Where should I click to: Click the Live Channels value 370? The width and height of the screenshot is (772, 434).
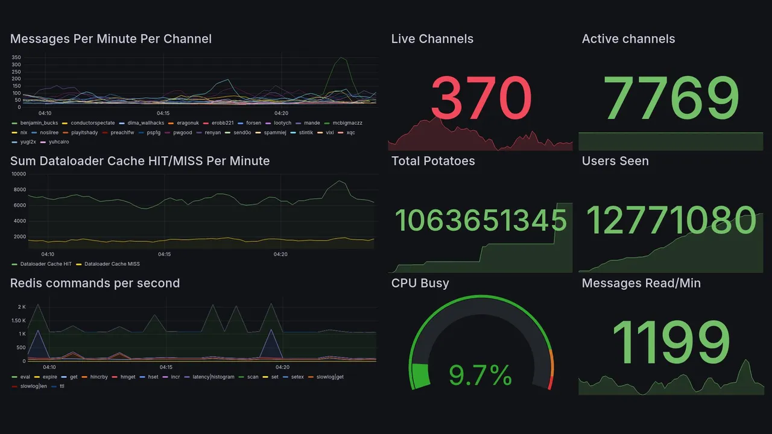click(481, 98)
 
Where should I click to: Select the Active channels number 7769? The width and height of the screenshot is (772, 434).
click(671, 98)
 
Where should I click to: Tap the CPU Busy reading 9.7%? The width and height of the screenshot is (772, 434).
click(481, 376)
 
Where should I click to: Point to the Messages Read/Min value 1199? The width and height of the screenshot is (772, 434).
click(671, 342)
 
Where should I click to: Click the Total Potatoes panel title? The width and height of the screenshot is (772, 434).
click(433, 161)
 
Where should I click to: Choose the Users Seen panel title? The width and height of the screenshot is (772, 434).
click(615, 161)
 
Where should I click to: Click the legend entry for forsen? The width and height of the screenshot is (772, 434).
click(253, 123)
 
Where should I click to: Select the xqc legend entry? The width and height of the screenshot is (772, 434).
click(350, 132)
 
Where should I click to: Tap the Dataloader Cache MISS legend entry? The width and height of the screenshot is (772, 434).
click(112, 264)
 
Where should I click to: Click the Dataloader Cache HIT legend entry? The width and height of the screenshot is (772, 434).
click(46, 264)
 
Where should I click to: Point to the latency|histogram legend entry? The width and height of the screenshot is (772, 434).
click(213, 377)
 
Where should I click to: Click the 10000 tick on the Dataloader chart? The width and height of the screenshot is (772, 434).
click(19, 174)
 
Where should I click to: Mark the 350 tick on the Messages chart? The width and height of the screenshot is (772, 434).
click(16, 58)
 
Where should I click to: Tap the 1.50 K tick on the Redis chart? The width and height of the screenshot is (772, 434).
click(18, 321)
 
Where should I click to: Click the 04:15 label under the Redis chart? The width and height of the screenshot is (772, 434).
click(166, 367)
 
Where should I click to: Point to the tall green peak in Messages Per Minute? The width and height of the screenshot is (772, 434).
click(342, 58)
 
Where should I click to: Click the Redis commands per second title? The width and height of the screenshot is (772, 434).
click(95, 283)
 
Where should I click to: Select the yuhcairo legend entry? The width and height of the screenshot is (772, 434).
click(59, 142)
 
